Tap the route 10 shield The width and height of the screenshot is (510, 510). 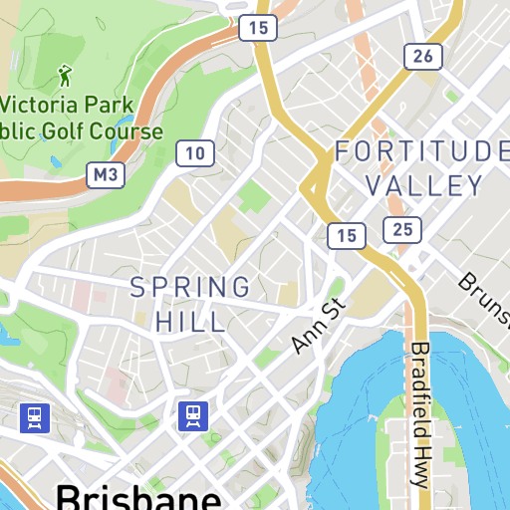tap(195, 152)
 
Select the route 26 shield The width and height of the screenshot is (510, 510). tap(422, 56)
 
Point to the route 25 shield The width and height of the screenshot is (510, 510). tap(402, 231)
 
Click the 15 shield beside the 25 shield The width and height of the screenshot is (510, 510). tap(346, 235)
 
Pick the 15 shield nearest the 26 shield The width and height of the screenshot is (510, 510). tap(258, 28)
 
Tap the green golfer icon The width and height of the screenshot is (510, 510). tap(66, 75)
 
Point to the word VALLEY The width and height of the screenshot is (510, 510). tap(424, 185)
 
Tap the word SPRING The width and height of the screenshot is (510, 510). tap(190, 288)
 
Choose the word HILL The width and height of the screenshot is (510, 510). tap(190, 321)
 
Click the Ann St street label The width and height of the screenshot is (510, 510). tap(318, 325)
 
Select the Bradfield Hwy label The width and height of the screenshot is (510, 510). tap(419, 413)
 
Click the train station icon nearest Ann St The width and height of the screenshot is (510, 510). tap(192, 416)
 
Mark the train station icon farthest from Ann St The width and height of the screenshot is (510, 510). tap(35, 416)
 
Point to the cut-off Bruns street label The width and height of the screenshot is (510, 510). tap(484, 296)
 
